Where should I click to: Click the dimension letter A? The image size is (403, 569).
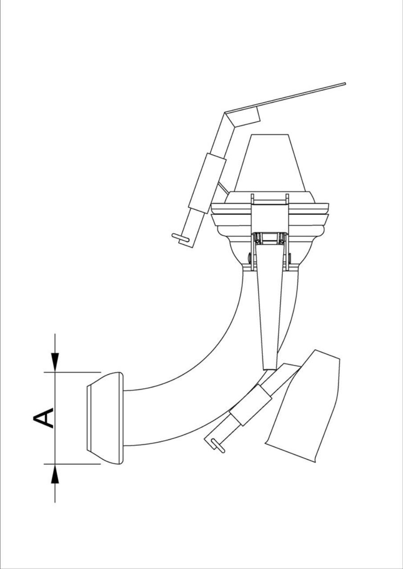click(43, 418)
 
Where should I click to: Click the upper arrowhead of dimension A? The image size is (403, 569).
click(55, 363)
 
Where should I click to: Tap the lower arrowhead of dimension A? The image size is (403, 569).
click(55, 474)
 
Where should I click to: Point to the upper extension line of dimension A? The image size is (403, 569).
click(73, 372)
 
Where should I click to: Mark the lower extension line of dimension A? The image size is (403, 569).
click(73, 464)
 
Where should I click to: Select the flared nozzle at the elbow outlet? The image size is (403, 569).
click(105, 418)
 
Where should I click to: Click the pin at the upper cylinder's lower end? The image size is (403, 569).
click(180, 237)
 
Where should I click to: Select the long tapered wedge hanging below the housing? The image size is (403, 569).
click(269, 311)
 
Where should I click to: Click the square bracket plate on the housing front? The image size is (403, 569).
click(269, 218)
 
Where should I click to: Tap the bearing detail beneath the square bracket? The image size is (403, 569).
click(269, 239)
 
